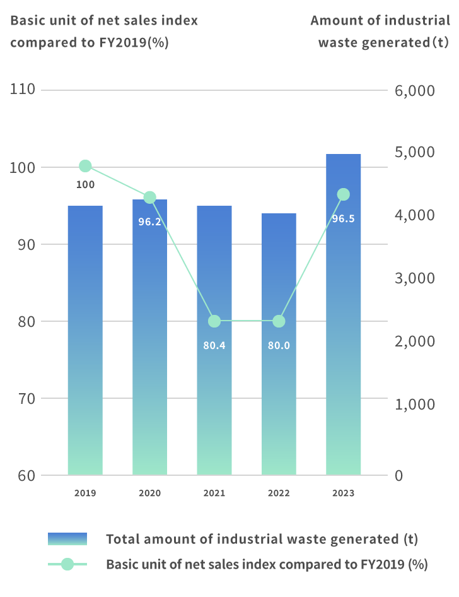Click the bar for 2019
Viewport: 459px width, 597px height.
[x=85, y=341]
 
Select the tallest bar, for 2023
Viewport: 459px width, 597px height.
[x=344, y=316]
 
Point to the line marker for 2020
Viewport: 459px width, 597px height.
[x=149, y=198]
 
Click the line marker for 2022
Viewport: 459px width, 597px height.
[x=279, y=321]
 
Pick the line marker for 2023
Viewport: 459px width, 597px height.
[x=344, y=194]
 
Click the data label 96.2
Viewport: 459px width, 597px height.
[x=149, y=222]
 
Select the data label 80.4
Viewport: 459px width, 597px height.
[x=214, y=346]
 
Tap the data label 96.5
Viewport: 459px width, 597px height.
[x=344, y=219]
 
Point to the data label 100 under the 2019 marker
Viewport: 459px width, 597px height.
[x=85, y=185]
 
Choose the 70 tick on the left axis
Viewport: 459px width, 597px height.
[x=25, y=398]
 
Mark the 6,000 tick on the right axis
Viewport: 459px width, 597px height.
[x=415, y=91]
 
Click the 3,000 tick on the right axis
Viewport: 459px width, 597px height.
[x=415, y=278]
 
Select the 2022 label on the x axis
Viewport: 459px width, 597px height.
[x=279, y=493]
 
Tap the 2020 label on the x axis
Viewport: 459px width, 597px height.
[x=149, y=493]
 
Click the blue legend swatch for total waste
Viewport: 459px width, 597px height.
[x=67, y=539]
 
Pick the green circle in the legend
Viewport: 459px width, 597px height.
[x=67, y=564]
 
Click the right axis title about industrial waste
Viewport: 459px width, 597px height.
[x=380, y=32]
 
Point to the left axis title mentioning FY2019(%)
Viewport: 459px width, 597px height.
[x=104, y=32]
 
